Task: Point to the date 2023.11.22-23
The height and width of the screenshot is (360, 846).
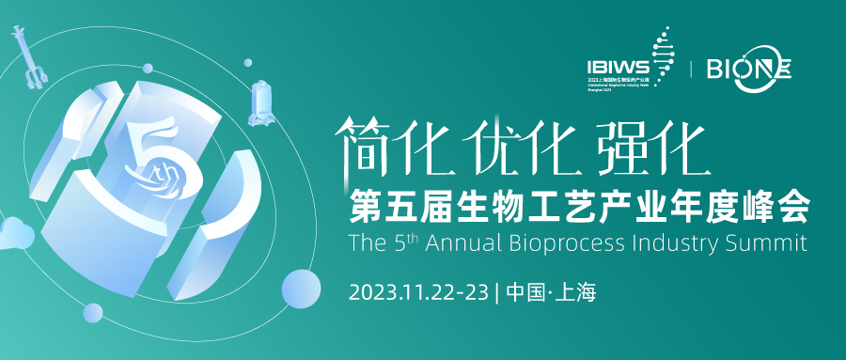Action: point(417,291)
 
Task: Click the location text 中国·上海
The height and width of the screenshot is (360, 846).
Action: point(550,291)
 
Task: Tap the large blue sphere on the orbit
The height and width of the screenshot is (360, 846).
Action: point(301,288)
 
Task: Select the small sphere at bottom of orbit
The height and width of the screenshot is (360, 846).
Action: point(92,313)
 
